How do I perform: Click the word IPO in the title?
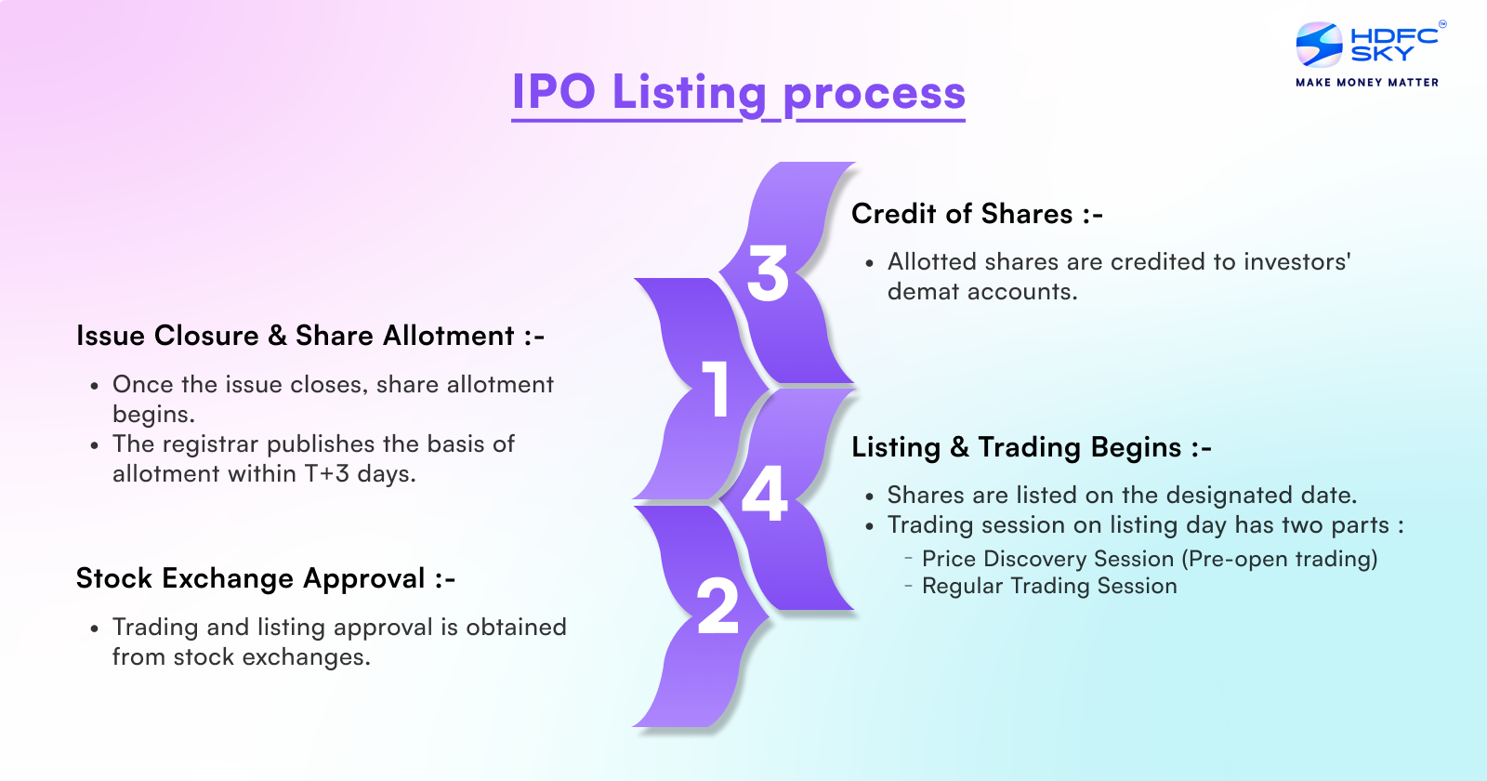tap(554, 93)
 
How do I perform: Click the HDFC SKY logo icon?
tap(1319, 45)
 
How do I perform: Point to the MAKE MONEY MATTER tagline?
tap(1367, 83)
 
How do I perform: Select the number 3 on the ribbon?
tap(768, 274)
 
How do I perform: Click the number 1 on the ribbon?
tap(716, 389)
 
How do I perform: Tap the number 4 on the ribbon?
tap(765, 494)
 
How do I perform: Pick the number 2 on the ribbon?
tap(717, 607)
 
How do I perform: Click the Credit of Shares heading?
tap(976, 215)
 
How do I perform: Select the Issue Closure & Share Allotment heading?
tap(309, 336)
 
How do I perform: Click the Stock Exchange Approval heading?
tap(265, 578)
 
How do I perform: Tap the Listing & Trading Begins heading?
tap(1031, 447)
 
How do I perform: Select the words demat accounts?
tap(981, 292)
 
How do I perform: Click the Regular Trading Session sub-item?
tap(1048, 586)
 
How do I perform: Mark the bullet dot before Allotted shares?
tap(869, 264)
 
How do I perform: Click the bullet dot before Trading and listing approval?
tap(94, 629)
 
